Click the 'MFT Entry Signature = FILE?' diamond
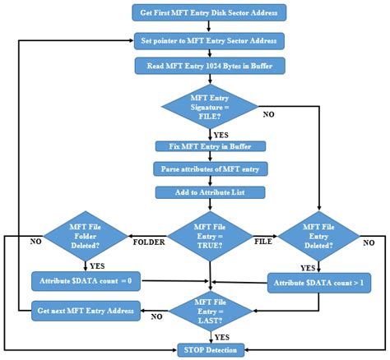pyautogui.click(x=210, y=107)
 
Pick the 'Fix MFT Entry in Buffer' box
pyautogui.click(x=210, y=146)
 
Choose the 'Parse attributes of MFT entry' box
pyautogui.click(x=210, y=168)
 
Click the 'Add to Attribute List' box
pyautogui.click(x=210, y=192)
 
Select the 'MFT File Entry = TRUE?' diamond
pyautogui.click(x=210, y=237)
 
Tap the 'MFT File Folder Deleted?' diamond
pyautogui.click(x=86, y=237)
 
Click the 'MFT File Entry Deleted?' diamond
pyautogui.click(x=319, y=237)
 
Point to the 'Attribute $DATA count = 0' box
pyautogui.click(x=86, y=281)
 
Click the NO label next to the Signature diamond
pyautogui.click(x=268, y=114)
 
